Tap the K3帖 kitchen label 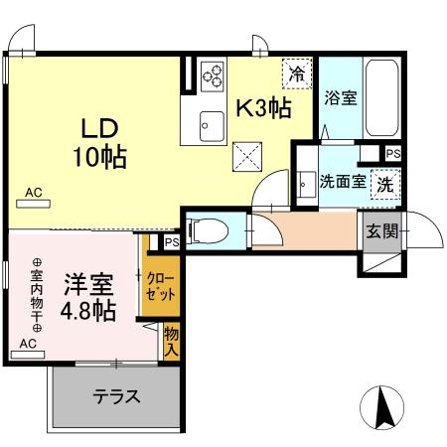pos(262,107)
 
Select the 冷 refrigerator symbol pos(295,73)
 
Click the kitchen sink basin pos(213,123)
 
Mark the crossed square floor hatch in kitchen pos(246,156)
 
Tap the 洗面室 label pos(341,183)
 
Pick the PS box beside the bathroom pos(393,154)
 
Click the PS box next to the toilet pos(172,241)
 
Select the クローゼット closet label pos(160,287)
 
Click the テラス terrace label pos(116,396)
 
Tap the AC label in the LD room pos(34,194)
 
